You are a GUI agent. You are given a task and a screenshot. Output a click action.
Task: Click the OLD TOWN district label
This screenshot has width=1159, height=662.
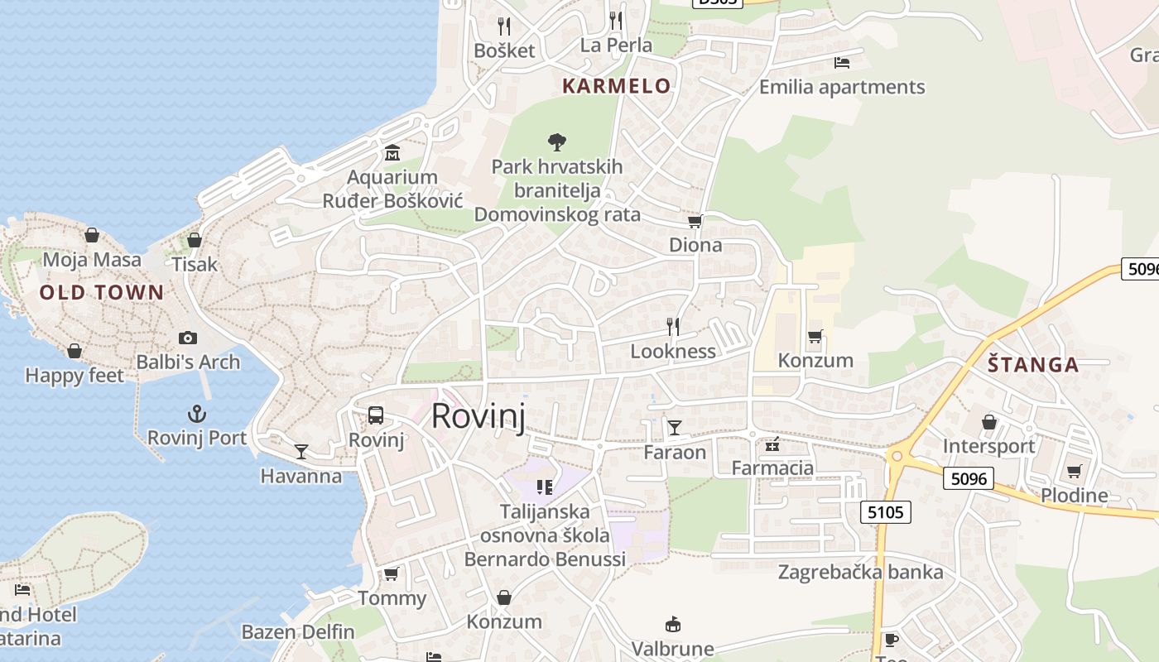(x=102, y=292)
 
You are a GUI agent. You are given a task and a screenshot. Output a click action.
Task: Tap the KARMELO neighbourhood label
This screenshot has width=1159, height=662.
(x=617, y=85)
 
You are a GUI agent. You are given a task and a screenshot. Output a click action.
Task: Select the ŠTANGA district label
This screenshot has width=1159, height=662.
(x=1033, y=365)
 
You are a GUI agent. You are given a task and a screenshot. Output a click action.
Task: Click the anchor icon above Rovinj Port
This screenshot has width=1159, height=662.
(x=197, y=414)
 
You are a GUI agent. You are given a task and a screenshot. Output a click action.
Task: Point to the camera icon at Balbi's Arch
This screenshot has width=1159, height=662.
(x=188, y=338)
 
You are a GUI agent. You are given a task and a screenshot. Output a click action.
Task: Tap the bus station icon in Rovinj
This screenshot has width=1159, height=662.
(x=376, y=415)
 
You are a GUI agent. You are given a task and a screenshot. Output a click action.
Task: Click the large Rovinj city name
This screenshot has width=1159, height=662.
(x=479, y=415)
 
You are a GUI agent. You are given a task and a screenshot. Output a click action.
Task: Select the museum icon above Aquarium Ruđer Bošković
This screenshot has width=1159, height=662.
(x=392, y=153)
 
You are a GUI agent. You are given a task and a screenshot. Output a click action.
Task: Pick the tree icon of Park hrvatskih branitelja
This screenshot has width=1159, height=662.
(x=557, y=142)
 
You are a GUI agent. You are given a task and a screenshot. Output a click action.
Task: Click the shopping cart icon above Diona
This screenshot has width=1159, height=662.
(x=695, y=221)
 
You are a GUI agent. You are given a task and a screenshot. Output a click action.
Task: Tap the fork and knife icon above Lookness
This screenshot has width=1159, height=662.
(x=673, y=327)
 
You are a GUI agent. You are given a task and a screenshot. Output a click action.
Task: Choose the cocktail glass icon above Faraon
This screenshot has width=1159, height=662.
(x=675, y=428)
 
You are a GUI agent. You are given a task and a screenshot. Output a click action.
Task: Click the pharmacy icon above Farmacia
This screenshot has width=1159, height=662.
(x=772, y=445)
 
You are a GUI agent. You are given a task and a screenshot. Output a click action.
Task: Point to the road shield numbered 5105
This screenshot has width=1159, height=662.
(x=886, y=513)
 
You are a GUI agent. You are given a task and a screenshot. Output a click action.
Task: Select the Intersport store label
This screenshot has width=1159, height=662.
(x=989, y=447)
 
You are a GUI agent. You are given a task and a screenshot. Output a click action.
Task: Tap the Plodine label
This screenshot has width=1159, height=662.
(x=1075, y=496)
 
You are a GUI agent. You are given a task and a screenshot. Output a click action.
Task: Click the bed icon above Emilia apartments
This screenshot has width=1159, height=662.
(x=842, y=63)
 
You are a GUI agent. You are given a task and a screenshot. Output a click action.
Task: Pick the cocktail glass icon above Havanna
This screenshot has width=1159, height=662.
(x=301, y=452)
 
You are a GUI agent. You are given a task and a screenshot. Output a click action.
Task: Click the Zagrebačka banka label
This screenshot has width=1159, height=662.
(x=860, y=572)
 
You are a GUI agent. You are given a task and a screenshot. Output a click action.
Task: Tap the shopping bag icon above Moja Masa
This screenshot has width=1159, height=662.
(x=92, y=236)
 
